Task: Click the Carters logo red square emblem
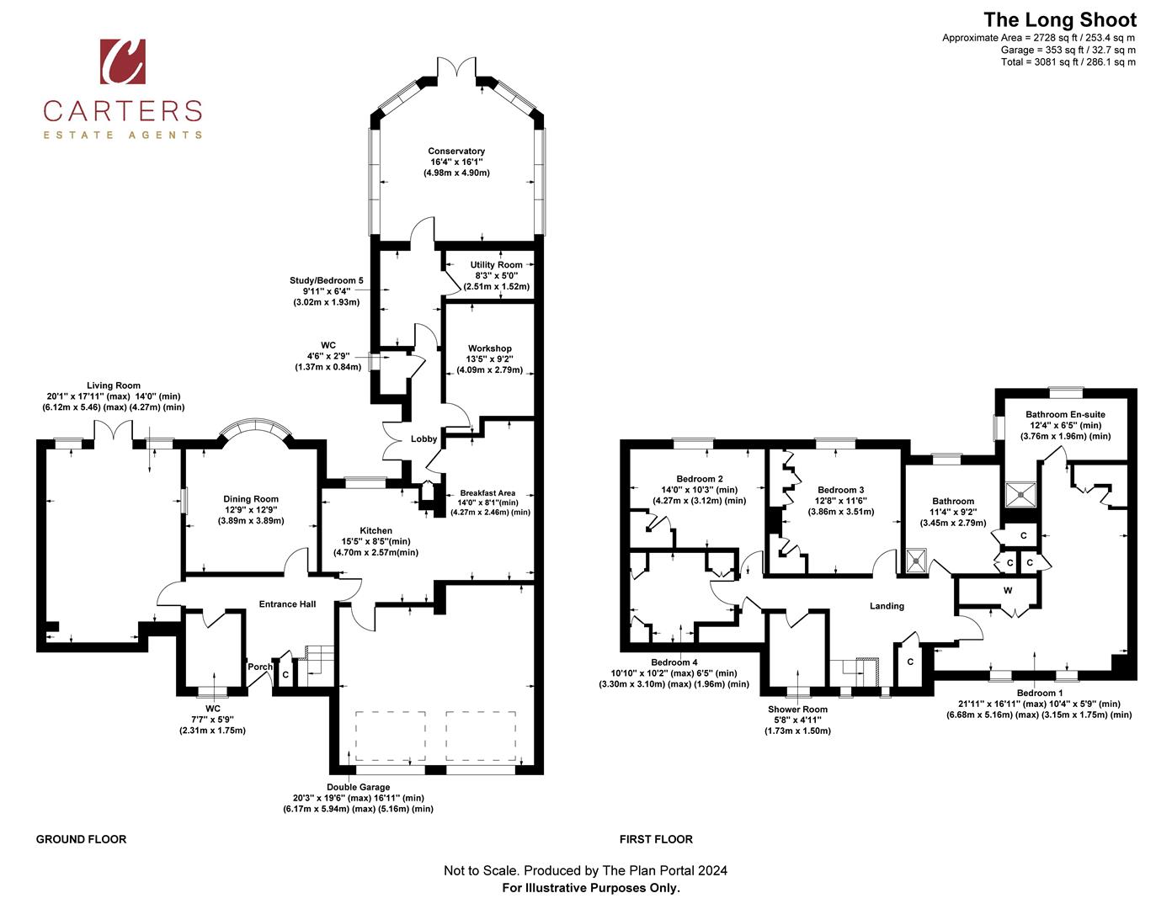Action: (x=123, y=61)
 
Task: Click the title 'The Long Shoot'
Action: (x=1059, y=20)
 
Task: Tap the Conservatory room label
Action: (x=456, y=151)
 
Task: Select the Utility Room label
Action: (x=496, y=264)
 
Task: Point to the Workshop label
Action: (x=489, y=348)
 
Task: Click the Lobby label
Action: (x=424, y=439)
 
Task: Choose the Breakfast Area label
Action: (x=487, y=493)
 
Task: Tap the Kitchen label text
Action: (x=376, y=531)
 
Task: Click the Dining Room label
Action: (x=251, y=499)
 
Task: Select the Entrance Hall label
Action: (x=287, y=604)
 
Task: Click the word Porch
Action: (x=260, y=667)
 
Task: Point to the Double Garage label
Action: (x=358, y=788)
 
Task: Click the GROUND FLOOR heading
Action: (x=81, y=839)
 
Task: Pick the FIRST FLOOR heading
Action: (x=656, y=839)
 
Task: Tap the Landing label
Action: (x=887, y=606)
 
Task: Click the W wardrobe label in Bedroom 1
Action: (x=1007, y=591)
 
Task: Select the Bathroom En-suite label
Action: (x=1065, y=415)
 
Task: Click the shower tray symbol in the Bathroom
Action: (x=915, y=561)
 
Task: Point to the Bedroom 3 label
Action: (x=840, y=490)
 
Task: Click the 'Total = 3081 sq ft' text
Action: (x=1068, y=61)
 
